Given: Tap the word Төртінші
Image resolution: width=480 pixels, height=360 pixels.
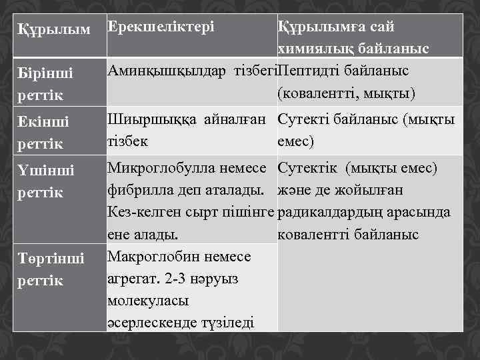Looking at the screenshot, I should pos(51,259).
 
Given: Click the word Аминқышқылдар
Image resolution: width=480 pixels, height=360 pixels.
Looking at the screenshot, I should pos(167,70).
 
